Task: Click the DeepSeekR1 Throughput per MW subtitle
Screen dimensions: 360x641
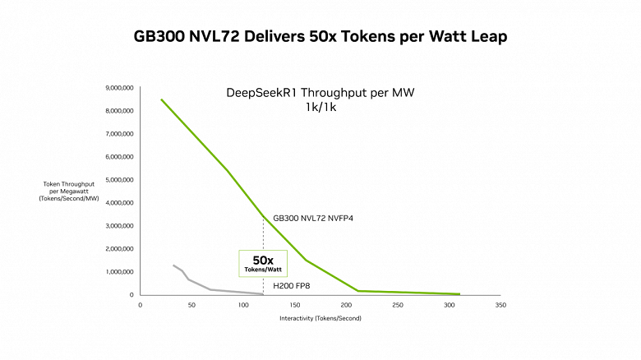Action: (x=320, y=93)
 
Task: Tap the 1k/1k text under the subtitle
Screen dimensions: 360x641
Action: (x=320, y=107)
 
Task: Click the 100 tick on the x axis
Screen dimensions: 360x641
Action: (x=242, y=305)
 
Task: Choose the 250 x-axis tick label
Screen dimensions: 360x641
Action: (x=398, y=305)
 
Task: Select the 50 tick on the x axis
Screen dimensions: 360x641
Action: (x=191, y=305)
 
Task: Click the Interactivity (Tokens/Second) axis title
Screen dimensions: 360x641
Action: (x=320, y=318)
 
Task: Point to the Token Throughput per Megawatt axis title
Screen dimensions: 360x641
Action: (x=69, y=192)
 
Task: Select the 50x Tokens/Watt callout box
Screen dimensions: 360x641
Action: (x=263, y=263)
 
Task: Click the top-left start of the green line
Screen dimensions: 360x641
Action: (x=162, y=100)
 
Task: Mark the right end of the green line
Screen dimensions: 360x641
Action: (x=459, y=293)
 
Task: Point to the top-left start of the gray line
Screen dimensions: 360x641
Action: (x=173, y=265)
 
